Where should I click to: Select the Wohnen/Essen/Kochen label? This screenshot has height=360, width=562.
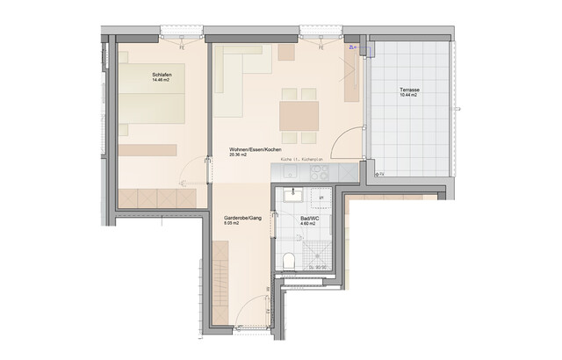255,148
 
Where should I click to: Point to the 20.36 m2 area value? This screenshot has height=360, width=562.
240,155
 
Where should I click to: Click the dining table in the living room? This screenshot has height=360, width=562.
298,115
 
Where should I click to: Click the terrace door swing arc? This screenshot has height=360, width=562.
352,140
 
